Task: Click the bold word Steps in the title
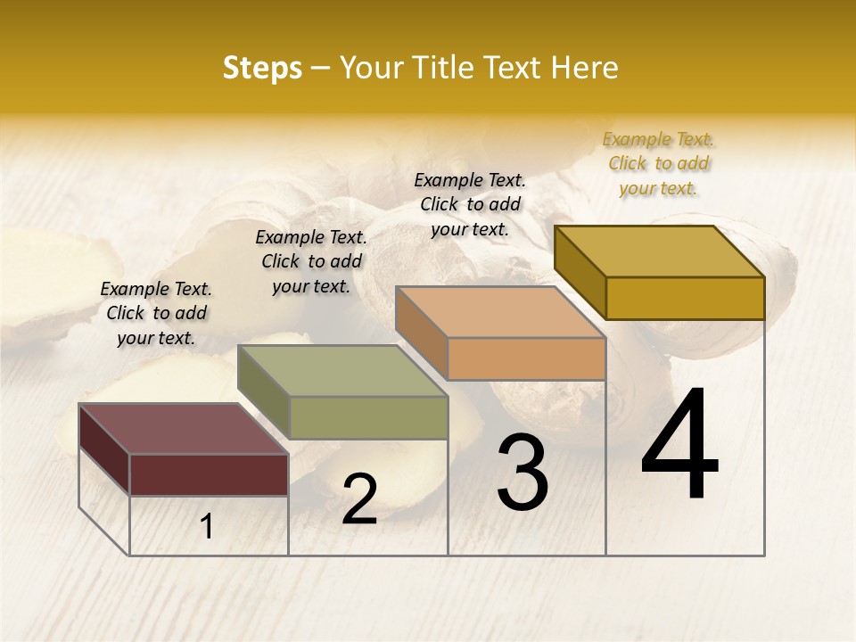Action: tap(262, 68)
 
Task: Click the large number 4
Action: tap(679, 445)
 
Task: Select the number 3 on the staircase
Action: tap(523, 473)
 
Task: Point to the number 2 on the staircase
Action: tap(359, 499)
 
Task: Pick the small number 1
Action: tap(207, 527)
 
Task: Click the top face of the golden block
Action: tap(660, 251)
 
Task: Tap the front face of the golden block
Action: tap(685, 298)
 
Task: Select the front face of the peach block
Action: tap(526, 358)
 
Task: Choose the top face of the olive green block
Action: tap(343, 371)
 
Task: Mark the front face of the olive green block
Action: tap(368, 417)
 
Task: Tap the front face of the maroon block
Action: tap(209, 474)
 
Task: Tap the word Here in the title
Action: tap(584, 68)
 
